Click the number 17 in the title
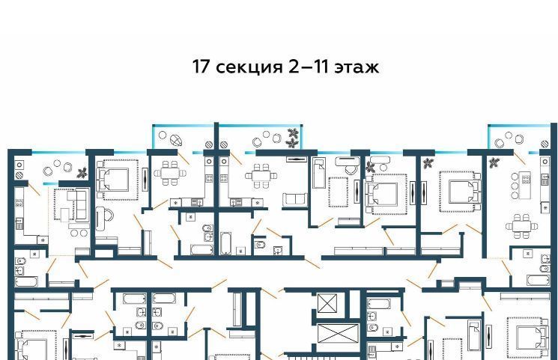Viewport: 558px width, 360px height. coord(201,67)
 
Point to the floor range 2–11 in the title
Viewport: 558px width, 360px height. coord(308,67)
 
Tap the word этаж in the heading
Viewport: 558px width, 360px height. coord(357,68)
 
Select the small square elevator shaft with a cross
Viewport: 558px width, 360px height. coord(327,303)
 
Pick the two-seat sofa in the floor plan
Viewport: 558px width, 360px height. coord(295,200)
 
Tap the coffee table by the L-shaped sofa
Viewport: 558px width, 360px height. coord(64,215)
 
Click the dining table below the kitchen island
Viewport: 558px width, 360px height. coord(522,225)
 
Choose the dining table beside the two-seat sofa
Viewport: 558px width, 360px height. coord(260,175)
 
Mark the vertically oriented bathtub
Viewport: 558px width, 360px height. coord(225,243)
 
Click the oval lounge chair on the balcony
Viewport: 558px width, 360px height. coord(176,141)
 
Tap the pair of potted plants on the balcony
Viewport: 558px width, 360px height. coord(293,138)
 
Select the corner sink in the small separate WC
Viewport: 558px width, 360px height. coord(278,250)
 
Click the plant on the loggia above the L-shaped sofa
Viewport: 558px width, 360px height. coord(82,173)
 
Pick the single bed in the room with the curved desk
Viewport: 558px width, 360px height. coord(318,173)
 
